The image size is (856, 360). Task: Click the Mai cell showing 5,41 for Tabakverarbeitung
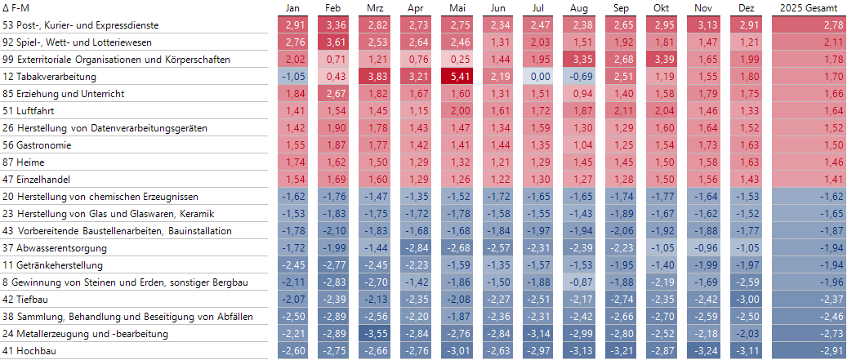(457, 77)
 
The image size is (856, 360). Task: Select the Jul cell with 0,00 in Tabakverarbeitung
(540, 77)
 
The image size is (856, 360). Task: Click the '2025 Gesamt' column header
(810, 8)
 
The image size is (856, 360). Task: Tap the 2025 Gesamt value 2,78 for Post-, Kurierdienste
(810, 25)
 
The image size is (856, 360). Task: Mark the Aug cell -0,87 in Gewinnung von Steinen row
(581, 282)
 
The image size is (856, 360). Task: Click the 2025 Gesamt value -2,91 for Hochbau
(810, 351)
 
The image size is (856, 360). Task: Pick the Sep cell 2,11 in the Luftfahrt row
(622, 111)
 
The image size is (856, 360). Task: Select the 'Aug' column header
(581, 8)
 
